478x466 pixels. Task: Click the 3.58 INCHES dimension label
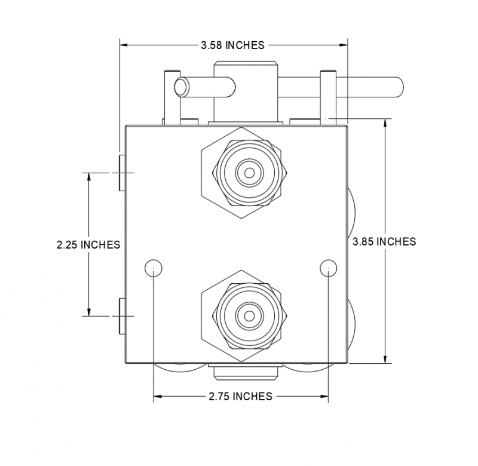(233, 45)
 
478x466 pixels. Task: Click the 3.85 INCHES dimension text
(384, 241)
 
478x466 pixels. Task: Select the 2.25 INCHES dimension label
(88, 244)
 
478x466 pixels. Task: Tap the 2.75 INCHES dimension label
(240, 396)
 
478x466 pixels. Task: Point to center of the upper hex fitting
(249, 173)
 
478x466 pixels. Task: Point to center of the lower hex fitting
(249, 314)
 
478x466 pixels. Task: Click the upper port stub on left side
(121, 173)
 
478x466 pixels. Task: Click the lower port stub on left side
(121, 315)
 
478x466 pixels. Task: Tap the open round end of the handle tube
(180, 87)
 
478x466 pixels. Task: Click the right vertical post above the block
(327, 96)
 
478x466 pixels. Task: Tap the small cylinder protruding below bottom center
(245, 372)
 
